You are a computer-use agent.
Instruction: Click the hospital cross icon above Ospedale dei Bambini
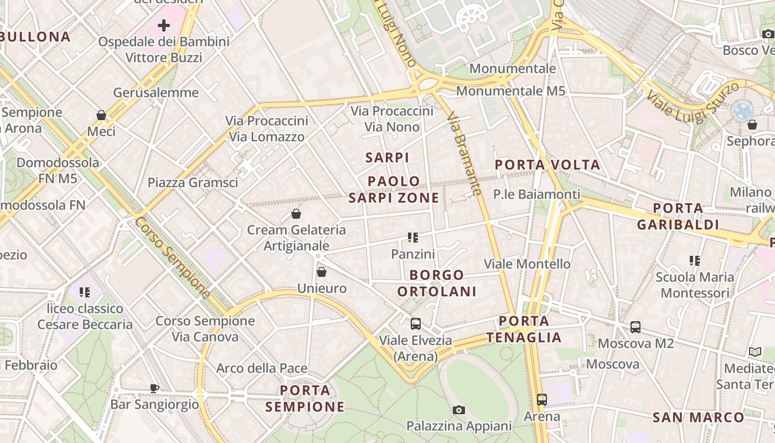click(164, 25)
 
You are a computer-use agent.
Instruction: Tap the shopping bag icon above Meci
click(101, 115)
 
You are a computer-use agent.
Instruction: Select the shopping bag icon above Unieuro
click(322, 272)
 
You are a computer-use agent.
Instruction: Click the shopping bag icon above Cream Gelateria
click(296, 214)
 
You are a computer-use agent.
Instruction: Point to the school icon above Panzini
click(412, 238)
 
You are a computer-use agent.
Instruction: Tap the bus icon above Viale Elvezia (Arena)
click(415, 324)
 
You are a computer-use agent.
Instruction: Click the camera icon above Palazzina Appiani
click(458, 410)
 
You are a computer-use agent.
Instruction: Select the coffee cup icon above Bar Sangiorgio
click(154, 388)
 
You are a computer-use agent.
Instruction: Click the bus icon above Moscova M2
click(635, 327)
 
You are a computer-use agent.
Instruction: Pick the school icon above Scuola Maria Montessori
click(694, 260)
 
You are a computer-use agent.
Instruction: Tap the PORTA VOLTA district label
click(547, 164)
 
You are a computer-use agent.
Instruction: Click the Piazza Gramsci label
click(193, 182)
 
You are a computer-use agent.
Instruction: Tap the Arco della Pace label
click(261, 368)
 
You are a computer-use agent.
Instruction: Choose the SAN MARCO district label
click(699, 418)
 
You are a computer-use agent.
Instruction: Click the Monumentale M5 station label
click(510, 91)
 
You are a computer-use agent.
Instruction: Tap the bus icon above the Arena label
click(541, 400)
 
